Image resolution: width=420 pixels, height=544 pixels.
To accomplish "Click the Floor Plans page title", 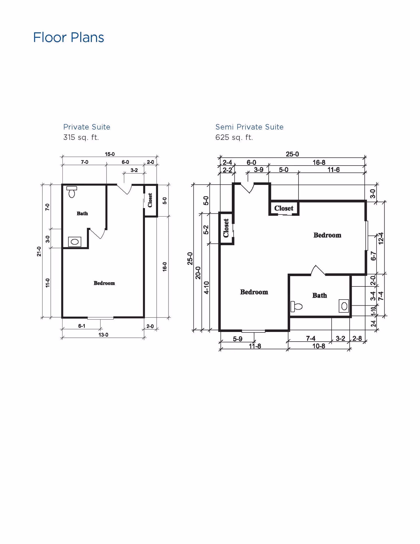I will click(x=69, y=37).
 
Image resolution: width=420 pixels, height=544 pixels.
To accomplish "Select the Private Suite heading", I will click(x=87, y=127).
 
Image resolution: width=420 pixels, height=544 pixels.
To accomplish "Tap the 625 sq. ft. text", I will click(x=234, y=137).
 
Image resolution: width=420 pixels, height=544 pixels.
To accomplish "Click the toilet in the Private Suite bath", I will click(x=72, y=192).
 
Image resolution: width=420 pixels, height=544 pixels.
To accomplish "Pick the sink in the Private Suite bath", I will click(x=75, y=242).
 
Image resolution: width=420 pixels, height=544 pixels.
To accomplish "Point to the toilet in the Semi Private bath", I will click(x=296, y=306).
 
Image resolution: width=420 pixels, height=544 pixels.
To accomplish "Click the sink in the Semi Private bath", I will click(x=344, y=306).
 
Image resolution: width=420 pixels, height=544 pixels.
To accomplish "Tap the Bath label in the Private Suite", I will click(x=82, y=213).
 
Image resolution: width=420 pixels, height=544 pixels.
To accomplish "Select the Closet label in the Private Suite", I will click(x=150, y=200).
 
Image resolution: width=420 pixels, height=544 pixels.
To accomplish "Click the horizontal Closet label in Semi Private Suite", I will click(x=283, y=208).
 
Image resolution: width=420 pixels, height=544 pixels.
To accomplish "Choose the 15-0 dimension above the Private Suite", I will click(x=110, y=154).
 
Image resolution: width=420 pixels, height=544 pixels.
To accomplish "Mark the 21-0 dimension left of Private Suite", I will click(x=39, y=252).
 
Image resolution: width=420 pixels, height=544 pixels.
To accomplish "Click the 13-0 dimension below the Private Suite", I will click(x=103, y=335).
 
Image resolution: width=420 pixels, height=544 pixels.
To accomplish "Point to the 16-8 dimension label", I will click(x=319, y=162).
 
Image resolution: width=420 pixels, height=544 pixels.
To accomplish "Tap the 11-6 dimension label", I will click(x=333, y=170).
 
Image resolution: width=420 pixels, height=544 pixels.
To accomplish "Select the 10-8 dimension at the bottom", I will click(x=318, y=346).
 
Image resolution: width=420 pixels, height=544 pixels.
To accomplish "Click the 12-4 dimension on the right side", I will click(x=381, y=238).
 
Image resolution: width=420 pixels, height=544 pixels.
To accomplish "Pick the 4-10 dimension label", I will click(x=207, y=288).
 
